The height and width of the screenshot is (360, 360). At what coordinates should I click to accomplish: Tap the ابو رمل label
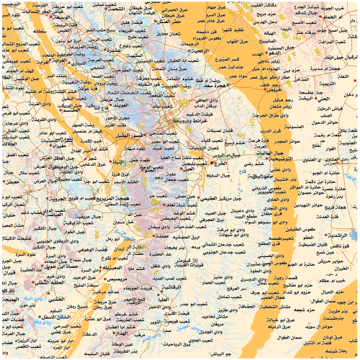[x=94, y=237]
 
